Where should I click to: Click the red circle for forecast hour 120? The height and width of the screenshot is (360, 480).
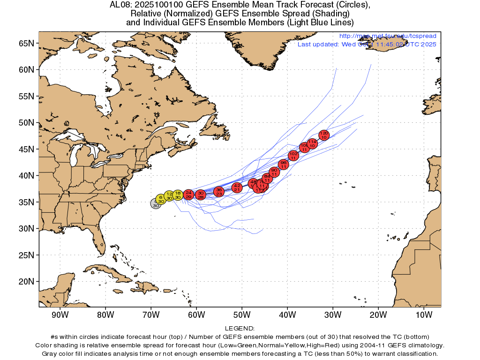[324, 135]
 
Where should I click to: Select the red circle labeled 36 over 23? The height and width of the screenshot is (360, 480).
[219, 192]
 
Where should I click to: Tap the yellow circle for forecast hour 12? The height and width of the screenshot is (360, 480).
[169, 196]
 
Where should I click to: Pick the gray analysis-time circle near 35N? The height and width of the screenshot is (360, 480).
[155, 203]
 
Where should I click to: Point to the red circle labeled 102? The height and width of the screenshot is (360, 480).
[293, 156]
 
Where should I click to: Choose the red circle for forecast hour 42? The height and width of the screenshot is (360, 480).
[237, 187]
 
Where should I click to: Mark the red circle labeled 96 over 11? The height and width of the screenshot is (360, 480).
[283, 165]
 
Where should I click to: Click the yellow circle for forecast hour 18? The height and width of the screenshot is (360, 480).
[178, 195]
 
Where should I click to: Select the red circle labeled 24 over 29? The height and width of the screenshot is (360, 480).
[188, 195]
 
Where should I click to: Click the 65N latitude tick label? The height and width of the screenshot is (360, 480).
[26, 43]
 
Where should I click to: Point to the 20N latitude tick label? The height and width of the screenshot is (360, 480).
[26, 282]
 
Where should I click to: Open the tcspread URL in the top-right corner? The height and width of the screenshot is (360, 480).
[387, 36]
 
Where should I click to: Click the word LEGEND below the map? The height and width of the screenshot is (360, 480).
[240, 329]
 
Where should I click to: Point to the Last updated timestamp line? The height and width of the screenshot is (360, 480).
[367, 44]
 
